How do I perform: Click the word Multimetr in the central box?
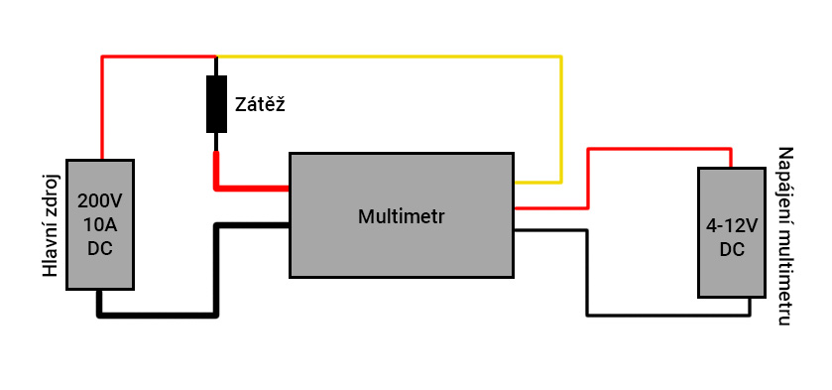click(x=402, y=216)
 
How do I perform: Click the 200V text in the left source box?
click(x=100, y=201)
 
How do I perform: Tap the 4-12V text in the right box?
click(x=732, y=226)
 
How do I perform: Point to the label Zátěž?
click(x=260, y=104)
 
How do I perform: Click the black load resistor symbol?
click(x=216, y=103)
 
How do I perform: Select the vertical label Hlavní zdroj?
click(x=50, y=227)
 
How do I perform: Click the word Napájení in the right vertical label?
click(x=784, y=187)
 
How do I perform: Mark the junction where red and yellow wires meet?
click(x=216, y=57)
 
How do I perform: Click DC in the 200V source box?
click(x=100, y=248)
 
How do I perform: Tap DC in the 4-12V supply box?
click(x=732, y=249)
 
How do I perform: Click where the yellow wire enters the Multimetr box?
click(x=514, y=183)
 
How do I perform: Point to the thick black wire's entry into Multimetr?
click(x=290, y=225)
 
